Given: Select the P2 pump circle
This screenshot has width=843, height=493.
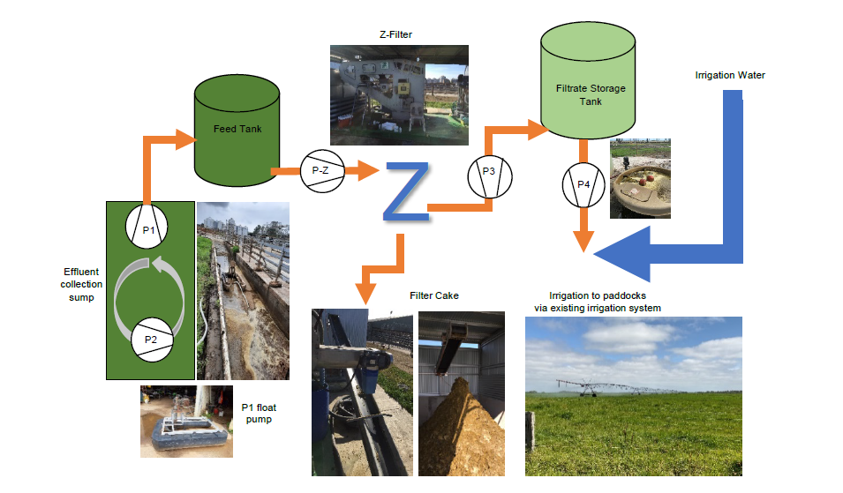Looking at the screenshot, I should (x=151, y=338).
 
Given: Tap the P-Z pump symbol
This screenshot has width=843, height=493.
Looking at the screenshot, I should (x=320, y=170).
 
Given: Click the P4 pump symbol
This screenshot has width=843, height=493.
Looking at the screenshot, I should (x=583, y=184).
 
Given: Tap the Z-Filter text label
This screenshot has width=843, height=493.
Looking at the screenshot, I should (x=389, y=35).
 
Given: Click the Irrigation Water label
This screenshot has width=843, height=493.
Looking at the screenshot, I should (x=730, y=76).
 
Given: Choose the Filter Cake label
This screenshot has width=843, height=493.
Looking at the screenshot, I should (x=434, y=295).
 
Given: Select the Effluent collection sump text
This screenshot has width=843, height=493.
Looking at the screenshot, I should (x=82, y=284).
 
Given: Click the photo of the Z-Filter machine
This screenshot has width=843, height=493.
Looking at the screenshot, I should (x=399, y=95).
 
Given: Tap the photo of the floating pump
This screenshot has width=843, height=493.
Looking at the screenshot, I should (x=186, y=421).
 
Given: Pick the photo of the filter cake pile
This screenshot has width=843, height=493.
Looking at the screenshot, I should (x=461, y=392).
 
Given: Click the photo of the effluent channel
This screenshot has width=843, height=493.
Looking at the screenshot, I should (x=243, y=291).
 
